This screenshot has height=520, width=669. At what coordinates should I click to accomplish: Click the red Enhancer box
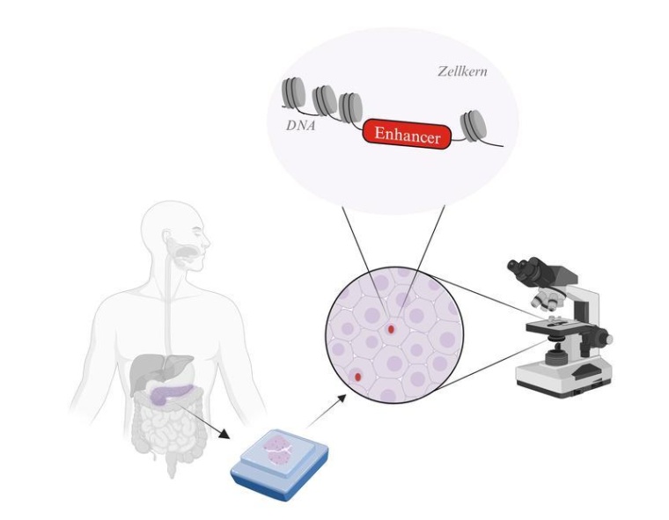(x=407, y=134)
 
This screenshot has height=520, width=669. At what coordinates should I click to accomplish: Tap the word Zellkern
(x=462, y=71)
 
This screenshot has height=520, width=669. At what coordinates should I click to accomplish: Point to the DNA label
(x=301, y=126)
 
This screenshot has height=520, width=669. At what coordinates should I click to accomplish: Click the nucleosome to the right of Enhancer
(x=474, y=126)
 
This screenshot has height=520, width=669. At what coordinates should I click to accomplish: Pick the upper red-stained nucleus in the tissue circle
(x=391, y=329)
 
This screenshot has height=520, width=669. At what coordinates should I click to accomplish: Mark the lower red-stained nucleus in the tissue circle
(x=358, y=377)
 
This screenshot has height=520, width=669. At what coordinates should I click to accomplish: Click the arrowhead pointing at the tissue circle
(x=341, y=398)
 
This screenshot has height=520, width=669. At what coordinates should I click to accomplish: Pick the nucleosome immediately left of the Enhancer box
(x=350, y=107)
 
